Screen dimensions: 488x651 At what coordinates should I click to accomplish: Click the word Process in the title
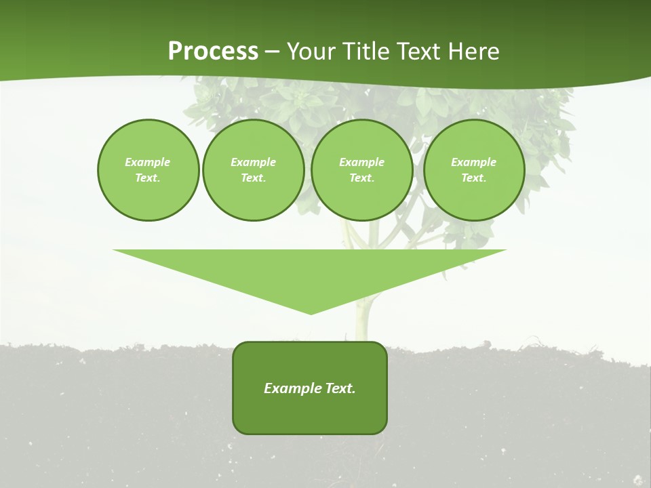pos(213,52)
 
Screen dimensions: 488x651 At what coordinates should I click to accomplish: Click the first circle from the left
pos(148,170)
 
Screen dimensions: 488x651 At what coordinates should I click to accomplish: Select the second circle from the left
pos(254,170)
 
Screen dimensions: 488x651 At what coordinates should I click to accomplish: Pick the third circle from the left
pos(361,170)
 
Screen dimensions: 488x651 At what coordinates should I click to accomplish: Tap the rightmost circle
pos(474,170)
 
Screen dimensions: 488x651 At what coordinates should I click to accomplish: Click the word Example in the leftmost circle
pos(148,162)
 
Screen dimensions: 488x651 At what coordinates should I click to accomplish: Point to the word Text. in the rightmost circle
pos(474,178)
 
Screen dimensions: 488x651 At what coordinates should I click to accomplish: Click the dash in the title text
pos(273,52)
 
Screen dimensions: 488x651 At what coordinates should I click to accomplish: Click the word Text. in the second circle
pos(254,178)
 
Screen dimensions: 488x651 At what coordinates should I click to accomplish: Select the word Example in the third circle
pos(361,162)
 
